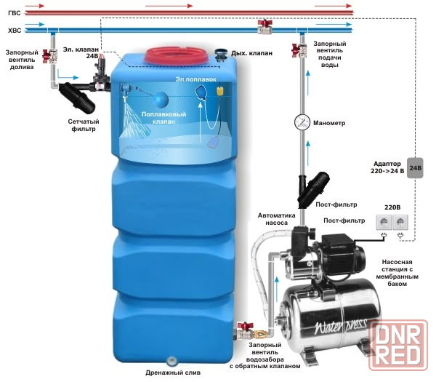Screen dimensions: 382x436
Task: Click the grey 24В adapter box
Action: (415, 168)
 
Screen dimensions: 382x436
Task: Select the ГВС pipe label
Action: (13, 13)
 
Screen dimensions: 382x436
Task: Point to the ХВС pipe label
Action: (13, 31)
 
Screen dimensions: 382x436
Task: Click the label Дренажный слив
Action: (173, 373)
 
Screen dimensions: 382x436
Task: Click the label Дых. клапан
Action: (252, 55)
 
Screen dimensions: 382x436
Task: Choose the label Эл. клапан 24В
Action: (79, 52)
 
